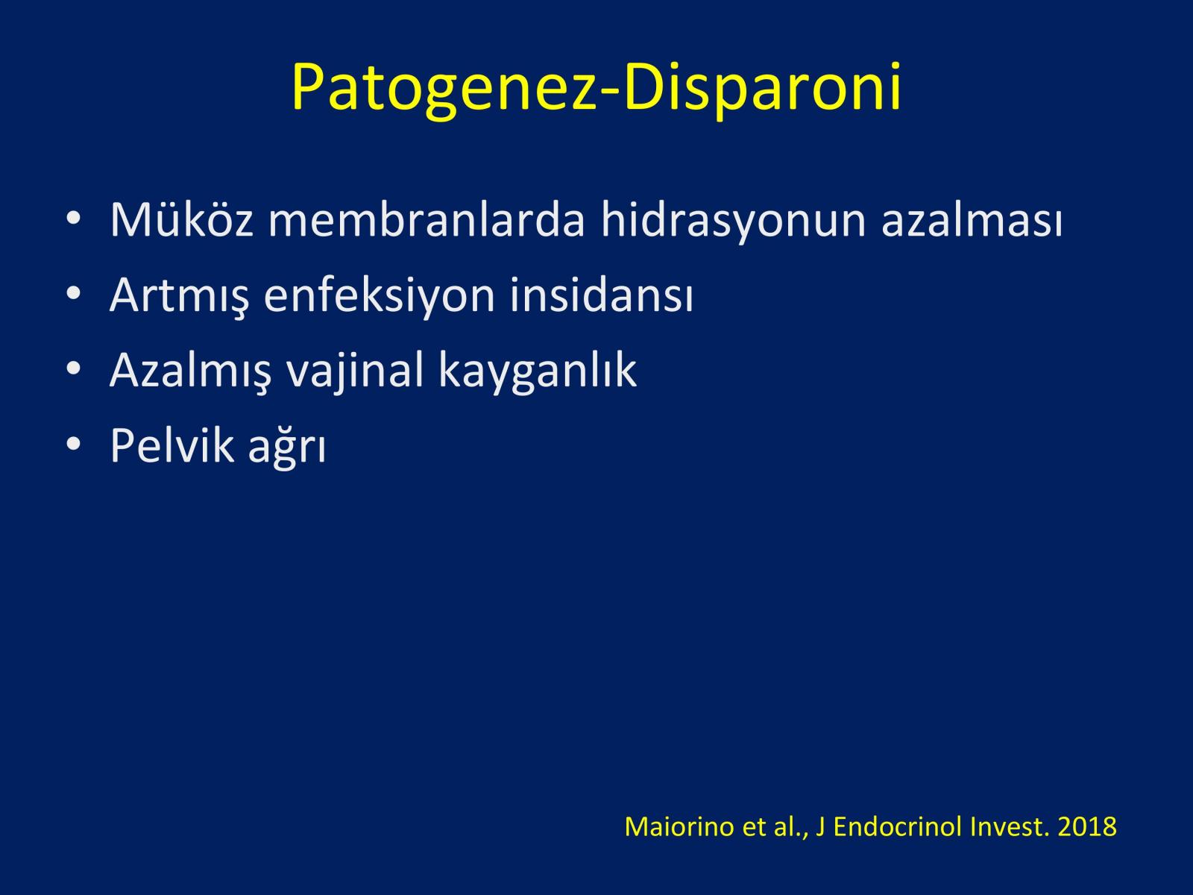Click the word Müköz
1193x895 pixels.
[x=181, y=219]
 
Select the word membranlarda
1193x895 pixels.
[x=426, y=219]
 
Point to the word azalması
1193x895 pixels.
[x=972, y=219]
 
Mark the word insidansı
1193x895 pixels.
[x=602, y=294]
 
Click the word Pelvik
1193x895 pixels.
[x=172, y=445]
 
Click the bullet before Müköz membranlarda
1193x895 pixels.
[x=73, y=218]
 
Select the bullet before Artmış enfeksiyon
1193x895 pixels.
[x=73, y=293]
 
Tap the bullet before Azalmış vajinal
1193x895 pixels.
[x=73, y=368]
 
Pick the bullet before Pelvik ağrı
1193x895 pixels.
[x=73, y=444]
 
